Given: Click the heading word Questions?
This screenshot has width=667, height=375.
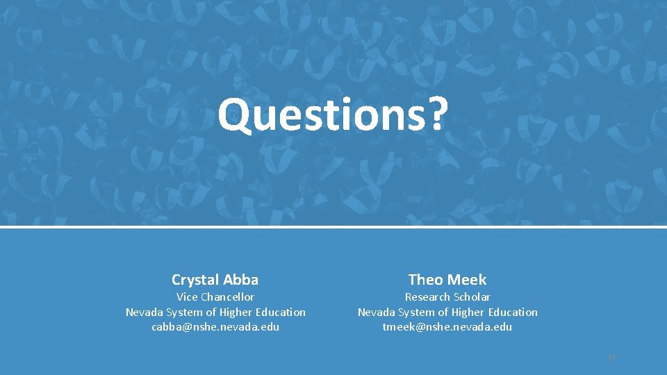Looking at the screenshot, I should tap(333, 115).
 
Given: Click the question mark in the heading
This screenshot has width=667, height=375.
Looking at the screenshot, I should tap(435, 115).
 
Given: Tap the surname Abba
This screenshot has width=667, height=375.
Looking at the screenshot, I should tap(242, 280).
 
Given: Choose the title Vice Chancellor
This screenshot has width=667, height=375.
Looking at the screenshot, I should tap(215, 297).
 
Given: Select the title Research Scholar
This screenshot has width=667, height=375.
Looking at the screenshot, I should tap(447, 297).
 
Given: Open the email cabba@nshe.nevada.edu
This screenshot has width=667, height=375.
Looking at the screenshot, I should tap(215, 326).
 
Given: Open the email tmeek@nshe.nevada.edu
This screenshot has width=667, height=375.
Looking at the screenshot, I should tap(447, 326).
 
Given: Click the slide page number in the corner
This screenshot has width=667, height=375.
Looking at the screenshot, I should tap(611, 358).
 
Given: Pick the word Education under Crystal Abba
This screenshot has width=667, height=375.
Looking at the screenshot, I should tap(281, 312).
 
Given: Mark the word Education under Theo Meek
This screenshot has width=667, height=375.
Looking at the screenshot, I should tap(513, 312).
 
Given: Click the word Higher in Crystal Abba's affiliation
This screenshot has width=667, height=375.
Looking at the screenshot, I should tap(234, 312).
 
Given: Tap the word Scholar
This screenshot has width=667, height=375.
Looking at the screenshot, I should tap(472, 297).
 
